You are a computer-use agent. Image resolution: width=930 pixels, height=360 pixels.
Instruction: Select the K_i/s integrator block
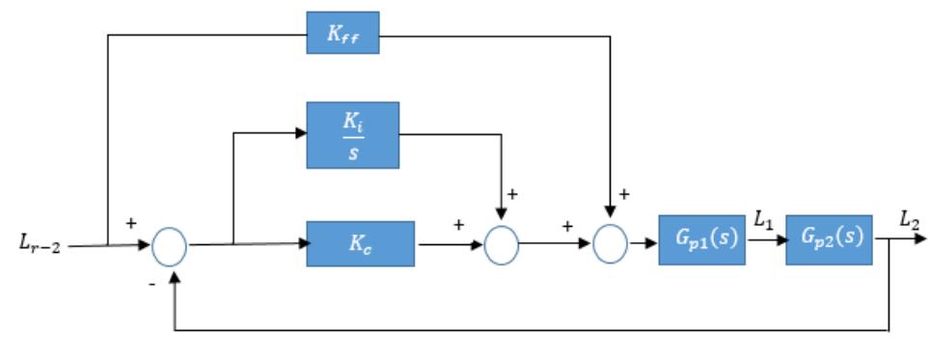click(x=352, y=135)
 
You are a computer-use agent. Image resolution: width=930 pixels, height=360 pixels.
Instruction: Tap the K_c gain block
click(x=360, y=244)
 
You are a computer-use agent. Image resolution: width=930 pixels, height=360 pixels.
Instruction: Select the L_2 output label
click(x=909, y=222)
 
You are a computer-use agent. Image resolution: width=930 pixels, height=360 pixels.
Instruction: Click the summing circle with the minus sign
click(x=170, y=245)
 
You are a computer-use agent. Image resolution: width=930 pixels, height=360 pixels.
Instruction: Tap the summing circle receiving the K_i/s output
click(x=501, y=245)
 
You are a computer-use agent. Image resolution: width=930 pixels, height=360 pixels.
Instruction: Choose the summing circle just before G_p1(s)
click(x=610, y=245)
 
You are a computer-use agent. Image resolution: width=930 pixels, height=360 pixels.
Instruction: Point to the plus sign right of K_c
click(x=459, y=225)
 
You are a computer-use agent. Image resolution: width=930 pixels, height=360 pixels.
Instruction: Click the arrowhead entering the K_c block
click(x=300, y=244)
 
